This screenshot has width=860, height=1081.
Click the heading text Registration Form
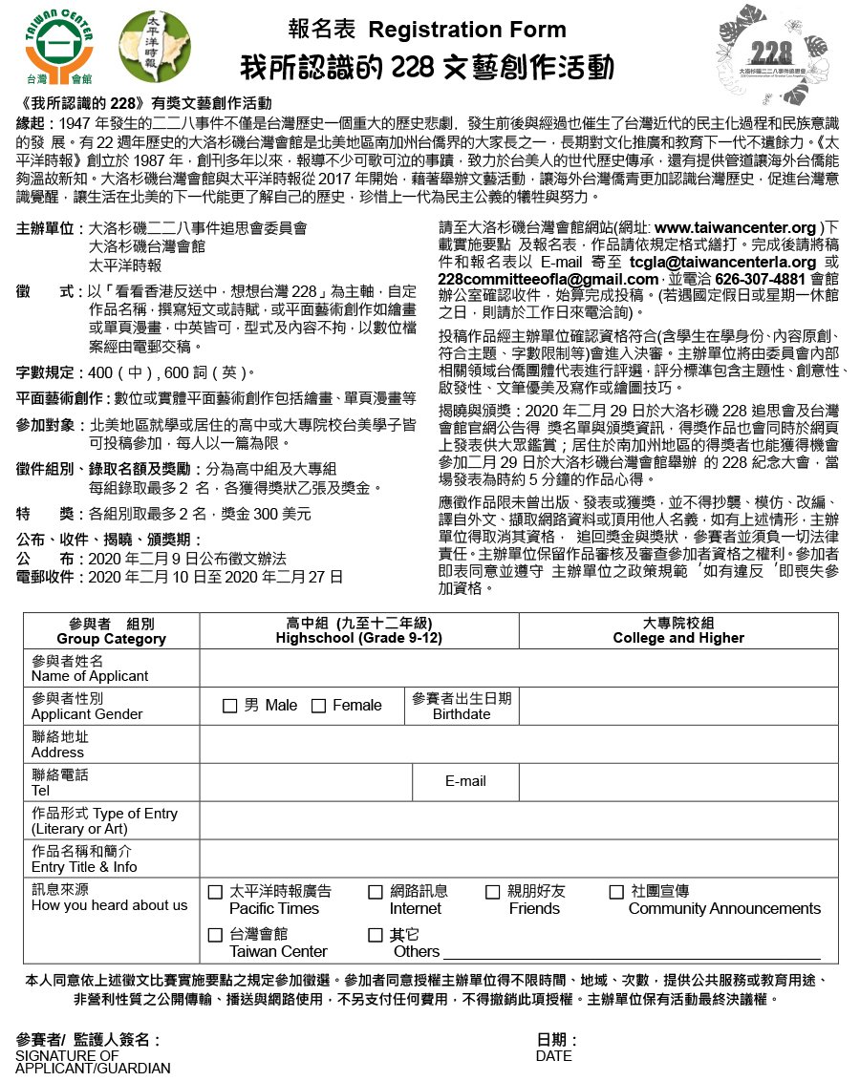(x=466, y=30)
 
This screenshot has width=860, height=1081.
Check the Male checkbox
(x=229, y=706)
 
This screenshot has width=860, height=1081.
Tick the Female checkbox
(x=318, y=706)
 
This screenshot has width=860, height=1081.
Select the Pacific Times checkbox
(x=215, y=892)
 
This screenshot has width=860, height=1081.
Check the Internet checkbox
(x=376, y=892)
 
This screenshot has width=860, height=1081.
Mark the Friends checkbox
(x=492, y=892)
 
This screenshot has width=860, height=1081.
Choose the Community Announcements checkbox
(x=616, y=892)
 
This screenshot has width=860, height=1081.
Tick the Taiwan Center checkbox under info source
(x=215, y=935)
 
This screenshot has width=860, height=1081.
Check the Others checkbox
(x=376, y=935)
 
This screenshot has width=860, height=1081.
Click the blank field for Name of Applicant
(x=518, y=668)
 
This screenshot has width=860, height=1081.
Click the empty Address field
(x=518, y=744)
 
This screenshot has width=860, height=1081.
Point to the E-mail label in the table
(x=465, y=781)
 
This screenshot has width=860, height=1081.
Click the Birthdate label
(x=462, y=713)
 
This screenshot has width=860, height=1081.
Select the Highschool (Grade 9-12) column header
(x=358, y=630)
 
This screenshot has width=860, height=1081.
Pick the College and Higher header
(x=678, y=630)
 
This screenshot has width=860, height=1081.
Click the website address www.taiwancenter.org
(x=735, y=229)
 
